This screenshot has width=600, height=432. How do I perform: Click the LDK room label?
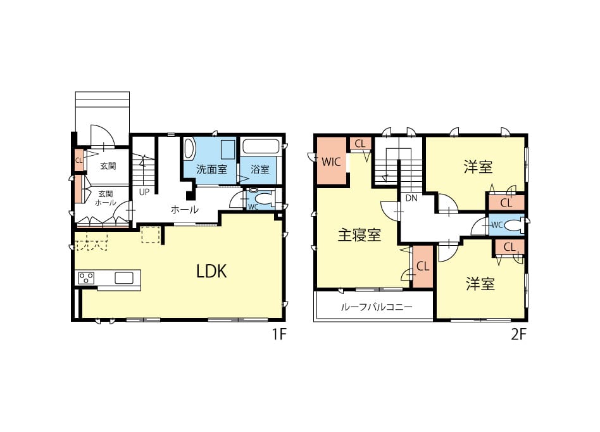pos(211,272)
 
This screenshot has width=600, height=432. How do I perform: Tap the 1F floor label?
pos(279,334)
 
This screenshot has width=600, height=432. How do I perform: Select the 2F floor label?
pos(519,334)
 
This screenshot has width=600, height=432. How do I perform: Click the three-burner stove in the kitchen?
pos(87,277)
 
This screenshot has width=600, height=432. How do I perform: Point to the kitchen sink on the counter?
pos(124,277)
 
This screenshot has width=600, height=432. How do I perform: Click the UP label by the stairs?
pos(144,192)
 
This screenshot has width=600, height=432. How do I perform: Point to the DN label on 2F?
pos(411,198)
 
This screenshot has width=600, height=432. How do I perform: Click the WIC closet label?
pos(331,162)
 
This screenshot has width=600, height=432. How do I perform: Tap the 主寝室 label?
pos(359,235)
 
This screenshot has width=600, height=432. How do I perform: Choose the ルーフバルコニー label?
pos(376,307)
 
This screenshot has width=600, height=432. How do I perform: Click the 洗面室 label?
pos(211,169)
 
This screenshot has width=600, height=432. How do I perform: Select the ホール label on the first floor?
pos(184,210)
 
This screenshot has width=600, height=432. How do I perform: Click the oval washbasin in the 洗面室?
pos(189,149)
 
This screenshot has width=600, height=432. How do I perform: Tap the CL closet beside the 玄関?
pos(79,160)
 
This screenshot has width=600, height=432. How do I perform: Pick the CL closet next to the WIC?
pos(360,144)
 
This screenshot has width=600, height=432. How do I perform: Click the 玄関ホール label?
pos(105,198)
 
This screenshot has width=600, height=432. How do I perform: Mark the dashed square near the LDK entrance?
pos(151,234)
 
